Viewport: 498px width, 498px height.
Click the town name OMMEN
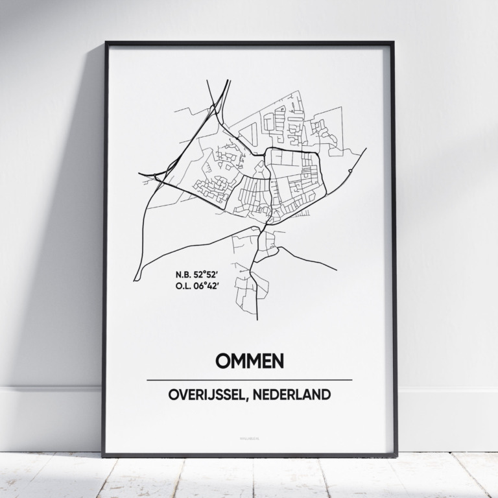click(250, 361)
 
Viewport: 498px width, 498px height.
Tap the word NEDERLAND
click(294, 394)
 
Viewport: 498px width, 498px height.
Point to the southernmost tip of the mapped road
click(257, 320)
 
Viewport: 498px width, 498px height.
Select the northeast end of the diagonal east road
click(366, 148)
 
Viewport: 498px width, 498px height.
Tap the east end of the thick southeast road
click(337, 269)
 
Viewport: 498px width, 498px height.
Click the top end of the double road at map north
click(228, 80)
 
